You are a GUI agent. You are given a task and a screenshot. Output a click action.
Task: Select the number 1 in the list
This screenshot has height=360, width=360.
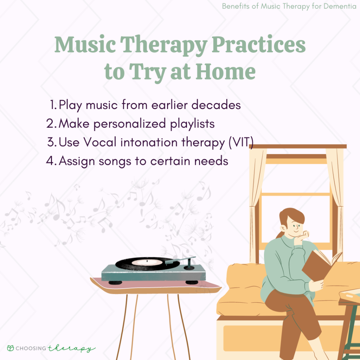point(53,105)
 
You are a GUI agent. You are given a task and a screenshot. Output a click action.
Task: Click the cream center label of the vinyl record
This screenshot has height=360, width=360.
point(149,262)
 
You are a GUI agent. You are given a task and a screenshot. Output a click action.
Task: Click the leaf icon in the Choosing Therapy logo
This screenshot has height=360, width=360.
point(11,348)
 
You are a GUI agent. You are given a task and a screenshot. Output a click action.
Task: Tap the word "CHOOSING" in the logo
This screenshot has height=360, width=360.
point(33,348)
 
